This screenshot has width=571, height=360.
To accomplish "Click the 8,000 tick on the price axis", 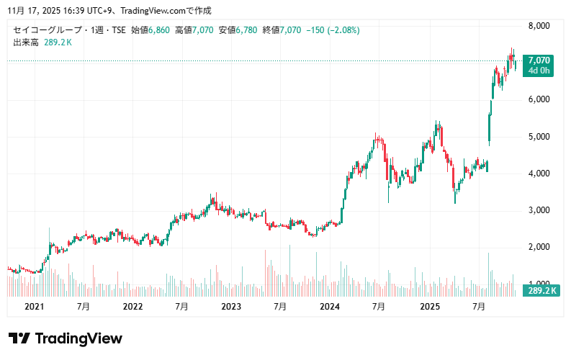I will pyautogui.click(x=539, y=26).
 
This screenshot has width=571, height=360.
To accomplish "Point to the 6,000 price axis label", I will pyautogui.click(x=539, y=99).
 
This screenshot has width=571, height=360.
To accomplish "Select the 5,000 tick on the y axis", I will pyautogui.click(x=539, y=137).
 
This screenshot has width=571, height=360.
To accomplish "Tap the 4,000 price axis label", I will pyautogui.click(x=539, y=174).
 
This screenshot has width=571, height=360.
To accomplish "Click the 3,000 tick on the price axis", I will pyautogui.click(x=539, y=210).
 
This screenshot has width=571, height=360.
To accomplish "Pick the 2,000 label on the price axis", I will pyautogui.click(x=539, y=248).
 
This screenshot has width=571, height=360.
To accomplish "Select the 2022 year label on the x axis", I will pyautogui.click(x=133, y=306).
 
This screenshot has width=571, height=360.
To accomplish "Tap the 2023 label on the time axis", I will pyautogui.click(x=231, y=306).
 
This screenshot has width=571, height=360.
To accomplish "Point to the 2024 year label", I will pyautogui.click(x=330, y=306).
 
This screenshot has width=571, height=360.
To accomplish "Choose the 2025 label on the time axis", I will pyautogui.click(x=429, y=306).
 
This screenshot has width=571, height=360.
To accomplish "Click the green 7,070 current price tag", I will pyautogui.click(x=539, y=60).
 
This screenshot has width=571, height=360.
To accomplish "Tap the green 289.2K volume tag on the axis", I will pyautogui.click(x=541, y=290).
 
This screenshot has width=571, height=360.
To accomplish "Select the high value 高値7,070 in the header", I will pyautogui.click(x=194, y=30).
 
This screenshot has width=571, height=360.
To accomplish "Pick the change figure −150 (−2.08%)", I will pyautogui.click(x=333, y=30).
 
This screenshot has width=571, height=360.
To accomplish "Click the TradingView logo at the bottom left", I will pyautogui.click(x=65, y=338).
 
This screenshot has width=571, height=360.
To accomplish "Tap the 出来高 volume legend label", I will pyautogui.click(x=26, y=42).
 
